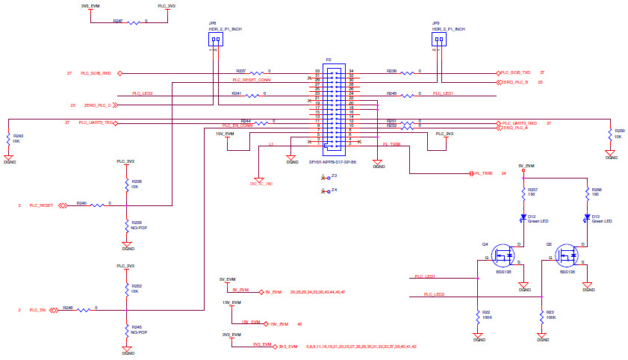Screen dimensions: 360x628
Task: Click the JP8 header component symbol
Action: (215, 40)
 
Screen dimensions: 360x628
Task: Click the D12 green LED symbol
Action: (524, 219)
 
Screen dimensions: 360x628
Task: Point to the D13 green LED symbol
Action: (588, 219)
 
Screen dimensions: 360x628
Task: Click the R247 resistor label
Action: (118, 20)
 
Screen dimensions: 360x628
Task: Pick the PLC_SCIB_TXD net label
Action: (516, 72)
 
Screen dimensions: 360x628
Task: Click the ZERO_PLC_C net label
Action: (97, 105)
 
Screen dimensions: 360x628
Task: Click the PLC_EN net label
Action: (37, 309)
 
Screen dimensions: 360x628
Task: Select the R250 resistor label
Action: (618, 131)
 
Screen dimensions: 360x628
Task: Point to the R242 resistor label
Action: (18, 136)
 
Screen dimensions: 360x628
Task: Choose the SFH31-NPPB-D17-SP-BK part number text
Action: (332, 161)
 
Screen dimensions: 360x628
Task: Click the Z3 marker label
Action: (334, 176)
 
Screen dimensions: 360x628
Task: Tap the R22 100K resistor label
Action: (485, 312)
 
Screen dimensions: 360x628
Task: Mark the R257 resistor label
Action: (532, 190)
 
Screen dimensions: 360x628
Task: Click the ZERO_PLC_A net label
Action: (516, 128)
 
